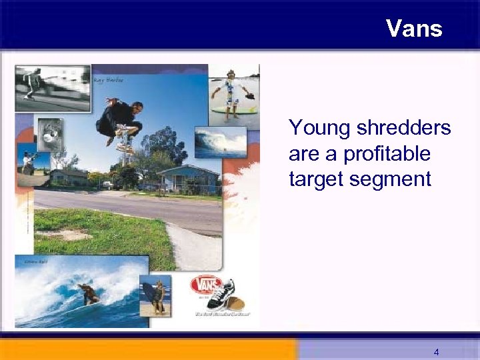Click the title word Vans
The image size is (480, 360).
(413, 28)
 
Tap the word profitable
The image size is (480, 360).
(387, 154)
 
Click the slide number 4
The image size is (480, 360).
(435, 351)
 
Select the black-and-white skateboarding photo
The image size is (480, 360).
(53, 87)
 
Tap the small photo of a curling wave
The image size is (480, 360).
(220, 141)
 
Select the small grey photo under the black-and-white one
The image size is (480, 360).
(49, 133)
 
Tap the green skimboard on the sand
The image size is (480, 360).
(237, 109)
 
